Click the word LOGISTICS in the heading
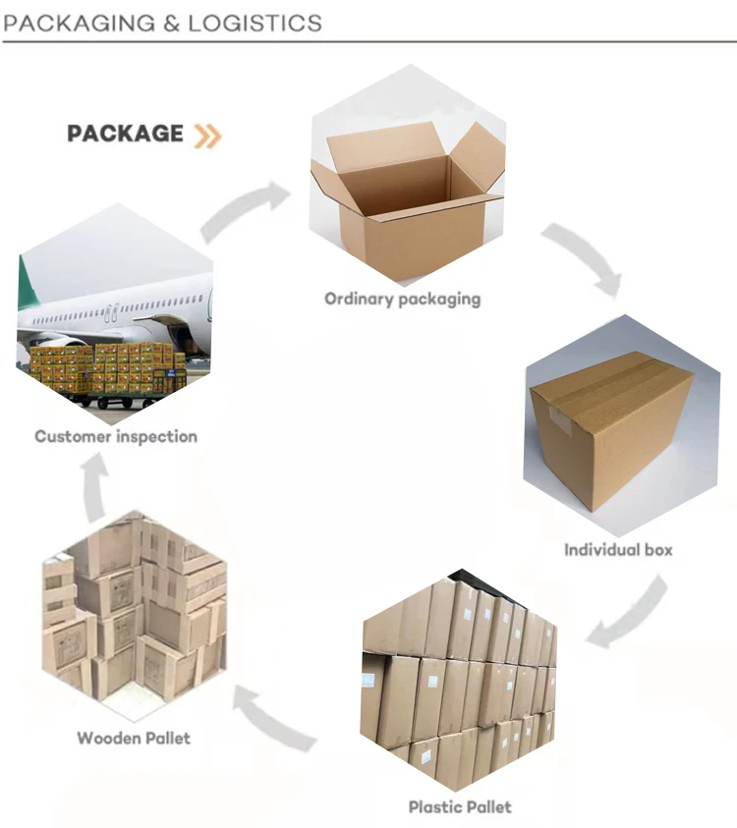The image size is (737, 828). click(255, 24)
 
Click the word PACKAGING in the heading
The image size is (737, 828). click(80, 24)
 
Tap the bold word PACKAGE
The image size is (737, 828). click(125, 134)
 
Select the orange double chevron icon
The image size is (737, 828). click(207, 136)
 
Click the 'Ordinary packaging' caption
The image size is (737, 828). click(403, 299)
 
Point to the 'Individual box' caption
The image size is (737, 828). click(618, 550)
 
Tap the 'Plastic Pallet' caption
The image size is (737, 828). click(460, 806)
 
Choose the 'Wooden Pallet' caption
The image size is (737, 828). click(134, 738)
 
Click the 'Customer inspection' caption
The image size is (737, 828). click(116, 437)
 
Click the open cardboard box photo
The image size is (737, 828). click(408, 192)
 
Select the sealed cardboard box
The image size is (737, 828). click(611, 429)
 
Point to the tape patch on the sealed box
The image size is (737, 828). click(559, 420)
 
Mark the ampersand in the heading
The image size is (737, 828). click(172, 24)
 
